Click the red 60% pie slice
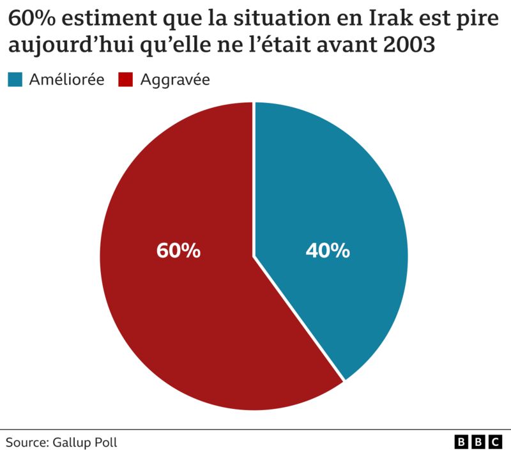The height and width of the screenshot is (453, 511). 166,307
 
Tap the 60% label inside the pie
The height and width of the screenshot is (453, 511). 178,251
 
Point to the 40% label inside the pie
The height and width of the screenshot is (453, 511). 328,251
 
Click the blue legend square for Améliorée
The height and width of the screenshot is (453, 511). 15,80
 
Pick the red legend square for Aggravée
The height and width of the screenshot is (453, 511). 126,80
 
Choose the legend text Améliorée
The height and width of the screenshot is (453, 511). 66,80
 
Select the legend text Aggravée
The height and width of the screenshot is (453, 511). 175,80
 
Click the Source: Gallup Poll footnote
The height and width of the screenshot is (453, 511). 62,441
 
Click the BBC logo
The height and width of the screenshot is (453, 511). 478,441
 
